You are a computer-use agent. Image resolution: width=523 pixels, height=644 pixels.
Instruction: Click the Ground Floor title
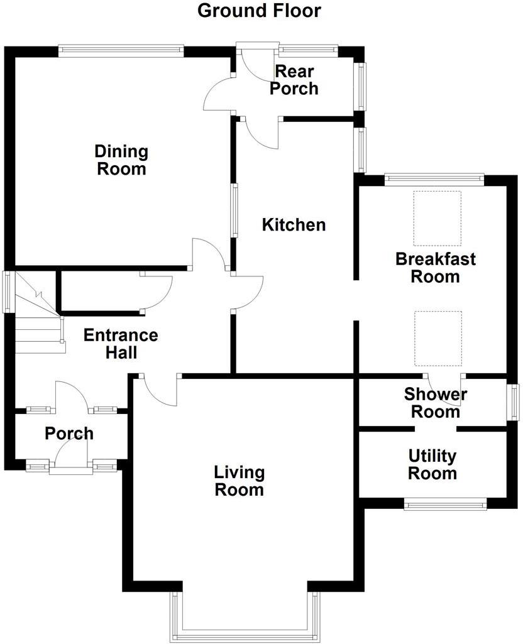coord(259,11)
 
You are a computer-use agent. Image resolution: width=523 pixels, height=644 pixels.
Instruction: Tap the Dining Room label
coord(121,160)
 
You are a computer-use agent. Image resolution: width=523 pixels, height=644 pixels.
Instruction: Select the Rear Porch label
coord(294,80)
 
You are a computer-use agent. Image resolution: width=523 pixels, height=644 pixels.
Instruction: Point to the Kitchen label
coord(294,224)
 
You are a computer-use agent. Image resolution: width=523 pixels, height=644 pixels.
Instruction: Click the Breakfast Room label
coord(435,268)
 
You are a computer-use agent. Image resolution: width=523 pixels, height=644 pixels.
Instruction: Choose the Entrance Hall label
coord(121,344)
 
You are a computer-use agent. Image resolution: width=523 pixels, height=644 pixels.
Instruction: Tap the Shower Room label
coord(435,403)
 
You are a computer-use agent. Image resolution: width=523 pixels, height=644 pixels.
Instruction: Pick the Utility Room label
coord(432,464)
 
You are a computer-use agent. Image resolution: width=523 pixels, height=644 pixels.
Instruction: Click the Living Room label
coord(239,481)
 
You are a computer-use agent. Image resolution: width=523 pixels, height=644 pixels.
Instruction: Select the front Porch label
coord(69,434)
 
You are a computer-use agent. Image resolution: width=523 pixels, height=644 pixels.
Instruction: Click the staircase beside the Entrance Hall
coord(38,314)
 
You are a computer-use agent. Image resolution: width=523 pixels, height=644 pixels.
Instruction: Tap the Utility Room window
coord(445,503)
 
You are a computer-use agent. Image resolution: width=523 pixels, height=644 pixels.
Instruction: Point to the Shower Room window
coord(514,403)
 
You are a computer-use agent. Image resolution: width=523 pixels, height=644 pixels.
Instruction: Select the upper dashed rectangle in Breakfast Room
coord(437,218)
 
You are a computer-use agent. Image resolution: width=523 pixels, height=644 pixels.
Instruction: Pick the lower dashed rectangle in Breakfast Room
coord(438,338)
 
